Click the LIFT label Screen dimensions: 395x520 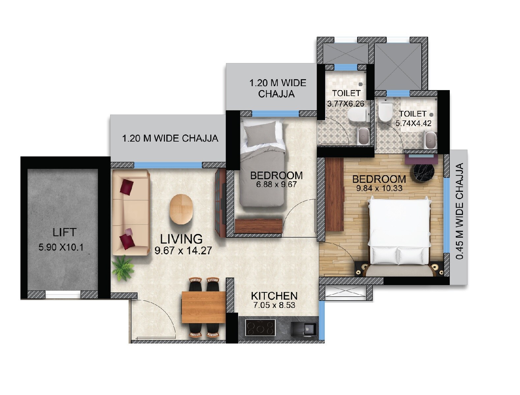coord(64,232)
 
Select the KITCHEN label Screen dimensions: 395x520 coord(274,296)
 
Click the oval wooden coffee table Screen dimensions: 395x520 coord(181,210)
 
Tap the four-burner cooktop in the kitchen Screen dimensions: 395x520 coord(260,328)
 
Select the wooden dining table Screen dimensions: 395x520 coord(203,307)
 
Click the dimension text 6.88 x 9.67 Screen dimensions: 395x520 coord(276,184)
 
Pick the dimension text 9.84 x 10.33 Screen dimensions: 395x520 coord(379,189)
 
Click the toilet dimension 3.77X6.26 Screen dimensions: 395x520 coord(346,104)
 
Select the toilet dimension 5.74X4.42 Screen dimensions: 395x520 coord(413,124)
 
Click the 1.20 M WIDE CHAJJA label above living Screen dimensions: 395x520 coord(170,138)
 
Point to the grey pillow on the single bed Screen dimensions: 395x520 coord(260,134)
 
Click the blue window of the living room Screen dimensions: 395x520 coord(168,165)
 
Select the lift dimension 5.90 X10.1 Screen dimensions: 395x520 coord(61,247)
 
